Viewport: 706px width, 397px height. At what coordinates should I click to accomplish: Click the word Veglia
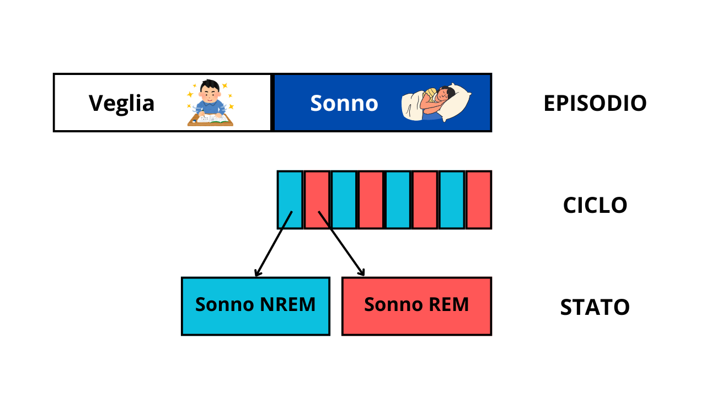121,103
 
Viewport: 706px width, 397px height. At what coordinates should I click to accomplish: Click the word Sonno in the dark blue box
344,103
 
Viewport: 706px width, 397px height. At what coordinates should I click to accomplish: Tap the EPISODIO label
595,103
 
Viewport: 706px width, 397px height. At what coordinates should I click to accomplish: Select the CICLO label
595,205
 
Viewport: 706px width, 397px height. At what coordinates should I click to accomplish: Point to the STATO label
595,307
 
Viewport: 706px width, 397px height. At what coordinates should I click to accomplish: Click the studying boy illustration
210,103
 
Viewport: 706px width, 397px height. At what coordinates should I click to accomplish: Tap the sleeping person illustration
436,104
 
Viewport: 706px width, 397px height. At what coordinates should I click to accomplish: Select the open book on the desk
212,117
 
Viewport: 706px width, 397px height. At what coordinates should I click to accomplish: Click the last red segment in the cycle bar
479,200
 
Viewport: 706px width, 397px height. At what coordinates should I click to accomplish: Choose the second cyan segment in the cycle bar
344,200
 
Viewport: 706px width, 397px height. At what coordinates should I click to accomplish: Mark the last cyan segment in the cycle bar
452,200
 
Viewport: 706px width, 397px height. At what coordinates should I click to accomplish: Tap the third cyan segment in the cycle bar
398,200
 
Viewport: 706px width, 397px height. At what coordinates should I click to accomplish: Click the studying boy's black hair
210,86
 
